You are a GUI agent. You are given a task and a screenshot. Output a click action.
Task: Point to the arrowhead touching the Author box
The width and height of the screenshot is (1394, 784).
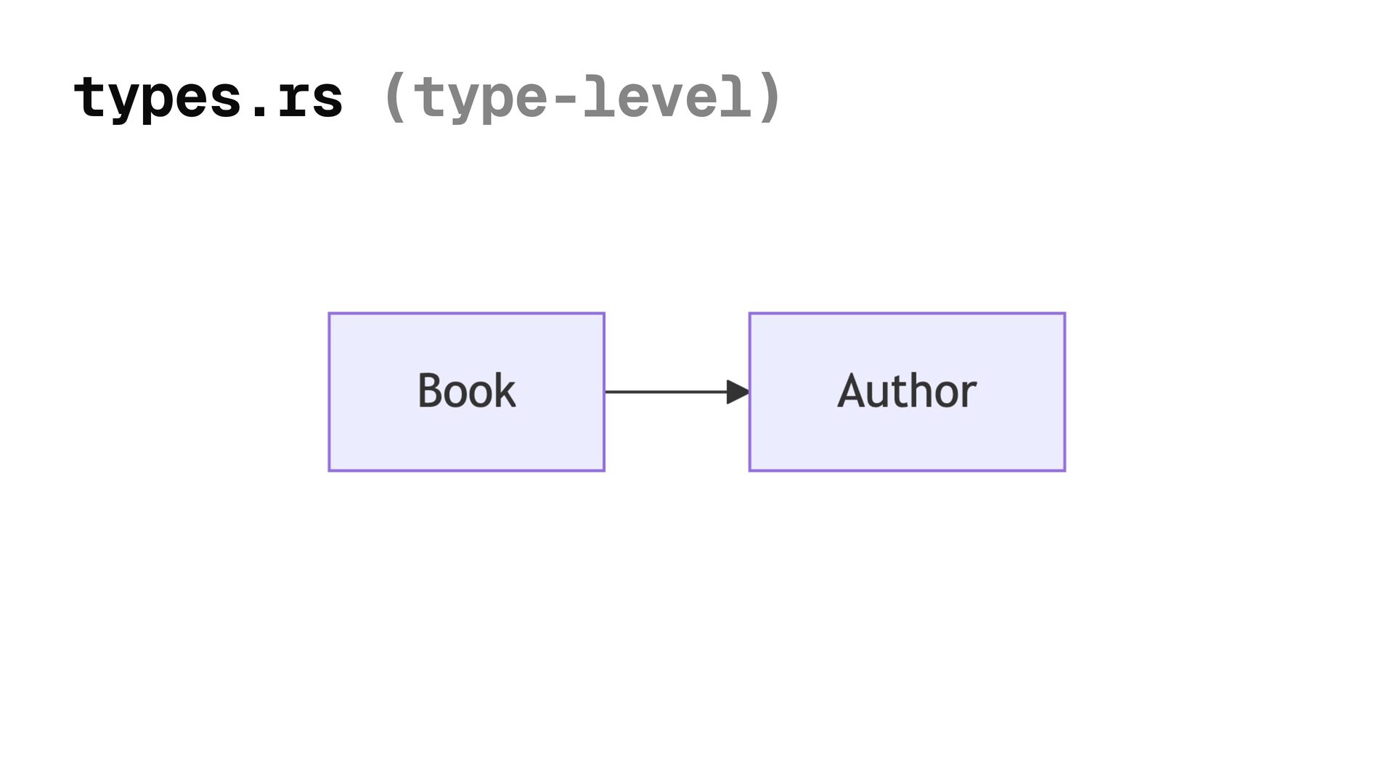pos(738,392)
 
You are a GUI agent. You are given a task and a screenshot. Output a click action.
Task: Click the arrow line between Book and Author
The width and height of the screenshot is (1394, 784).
pos(664,392)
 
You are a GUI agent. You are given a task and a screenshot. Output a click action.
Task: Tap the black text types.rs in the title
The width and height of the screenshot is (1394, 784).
pos(208,97)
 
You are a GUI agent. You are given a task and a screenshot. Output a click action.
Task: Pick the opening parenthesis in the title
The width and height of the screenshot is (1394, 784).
pos(395,97)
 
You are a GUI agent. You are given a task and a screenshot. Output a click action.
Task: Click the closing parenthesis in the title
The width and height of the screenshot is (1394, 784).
pos(769,97)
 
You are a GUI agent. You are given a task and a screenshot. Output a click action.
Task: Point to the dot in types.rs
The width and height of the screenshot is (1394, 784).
pos(258,112)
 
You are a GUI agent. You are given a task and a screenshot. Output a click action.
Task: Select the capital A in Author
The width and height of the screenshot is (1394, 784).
pos(852,391)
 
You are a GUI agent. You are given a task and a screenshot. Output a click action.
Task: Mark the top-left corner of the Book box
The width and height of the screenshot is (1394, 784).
pos(330,314)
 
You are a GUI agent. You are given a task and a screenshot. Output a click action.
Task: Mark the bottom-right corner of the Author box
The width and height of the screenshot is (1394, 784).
pos(1064,470)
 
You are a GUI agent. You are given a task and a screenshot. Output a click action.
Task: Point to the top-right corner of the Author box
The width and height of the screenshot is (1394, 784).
pos(1064,314)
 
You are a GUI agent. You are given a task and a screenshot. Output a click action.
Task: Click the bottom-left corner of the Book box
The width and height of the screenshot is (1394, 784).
pos(330,470)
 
